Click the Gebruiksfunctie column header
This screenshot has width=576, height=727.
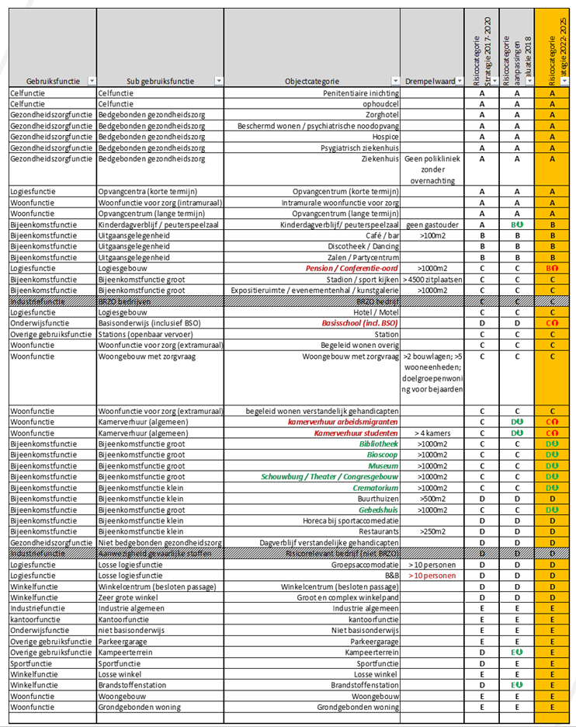pos(49,81)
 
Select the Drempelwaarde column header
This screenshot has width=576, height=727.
pos(429,81)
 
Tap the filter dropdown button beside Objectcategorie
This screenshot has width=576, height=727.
pos(396,81)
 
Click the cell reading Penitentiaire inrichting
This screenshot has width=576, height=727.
pos(357,92)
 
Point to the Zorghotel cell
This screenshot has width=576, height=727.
pos(380,114)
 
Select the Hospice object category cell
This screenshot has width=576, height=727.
pos(384,136)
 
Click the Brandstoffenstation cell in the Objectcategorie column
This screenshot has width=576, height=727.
pos(365,685)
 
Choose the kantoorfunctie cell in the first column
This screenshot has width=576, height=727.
pos(33,620)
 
